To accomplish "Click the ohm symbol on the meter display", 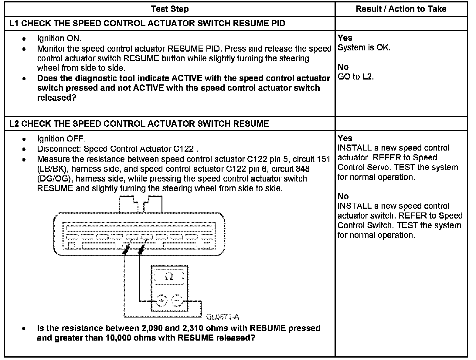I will coord(169,277).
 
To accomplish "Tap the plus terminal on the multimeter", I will coord(161,301).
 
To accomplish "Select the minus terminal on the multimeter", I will coord(176,301).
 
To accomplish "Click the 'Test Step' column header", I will coord(170,9).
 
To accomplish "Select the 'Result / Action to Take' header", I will coord(401,9).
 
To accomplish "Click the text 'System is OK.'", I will coord(364,48).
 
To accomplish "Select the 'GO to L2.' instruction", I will coord(355,77).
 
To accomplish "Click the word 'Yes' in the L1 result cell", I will coord(345,38).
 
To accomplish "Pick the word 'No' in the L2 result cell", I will coord(343,196).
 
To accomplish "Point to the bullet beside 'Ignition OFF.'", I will coord(24,139).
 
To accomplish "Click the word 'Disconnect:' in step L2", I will coord(59,149).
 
